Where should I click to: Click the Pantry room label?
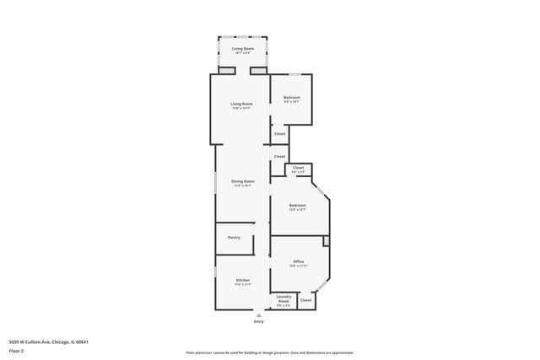coord(234,237)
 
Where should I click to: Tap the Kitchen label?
coord(243,279)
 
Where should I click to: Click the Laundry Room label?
coord(283,298)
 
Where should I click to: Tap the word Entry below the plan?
coord(258,322)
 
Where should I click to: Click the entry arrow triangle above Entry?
coord(258,313)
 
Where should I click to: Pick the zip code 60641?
coord(81,341)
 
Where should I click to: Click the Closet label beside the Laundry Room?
coord(305,300)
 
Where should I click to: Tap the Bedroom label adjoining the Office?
coord(297,206)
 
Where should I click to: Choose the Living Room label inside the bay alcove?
coord(243,49)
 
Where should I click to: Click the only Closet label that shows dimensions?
coord(298,169)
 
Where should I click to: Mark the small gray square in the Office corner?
coord(326,241)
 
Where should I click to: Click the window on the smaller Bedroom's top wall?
coord(293,75)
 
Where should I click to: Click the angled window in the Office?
coord(323,288)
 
